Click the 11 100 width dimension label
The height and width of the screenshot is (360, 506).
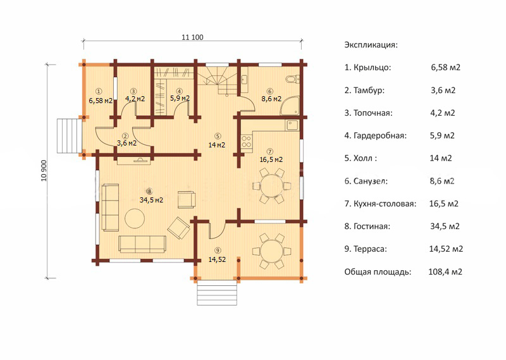(x=193, y=37)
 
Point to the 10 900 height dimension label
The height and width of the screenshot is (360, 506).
(x=44, y=171)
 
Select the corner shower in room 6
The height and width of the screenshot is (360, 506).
(x=290, y=105)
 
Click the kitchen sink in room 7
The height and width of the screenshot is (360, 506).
(x=292, y=125)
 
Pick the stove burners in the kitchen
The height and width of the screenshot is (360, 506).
(x=247, y=142)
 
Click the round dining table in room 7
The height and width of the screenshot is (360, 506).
(x=271, y=186)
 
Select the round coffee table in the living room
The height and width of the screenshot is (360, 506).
(x=135, y=218)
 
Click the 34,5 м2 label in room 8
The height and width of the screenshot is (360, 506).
(x=151, y=200)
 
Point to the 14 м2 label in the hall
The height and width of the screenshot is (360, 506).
(x=217, y=145)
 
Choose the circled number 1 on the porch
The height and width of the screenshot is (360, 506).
(x=99, y=91)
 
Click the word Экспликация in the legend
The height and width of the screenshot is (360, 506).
(x=371, y=45)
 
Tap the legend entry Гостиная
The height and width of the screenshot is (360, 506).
(x=367, y=227)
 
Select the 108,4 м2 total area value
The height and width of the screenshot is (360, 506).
(x=445, y=272)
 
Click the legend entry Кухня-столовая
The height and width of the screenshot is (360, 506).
(x=381, y=204)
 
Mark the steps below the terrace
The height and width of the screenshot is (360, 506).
(x=217, y=292)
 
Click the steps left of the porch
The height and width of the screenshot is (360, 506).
(x=70, y=135)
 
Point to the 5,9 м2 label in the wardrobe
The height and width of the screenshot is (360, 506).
(x=180, y=98)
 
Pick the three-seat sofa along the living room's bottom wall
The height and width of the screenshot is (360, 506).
(x=142, y=244)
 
